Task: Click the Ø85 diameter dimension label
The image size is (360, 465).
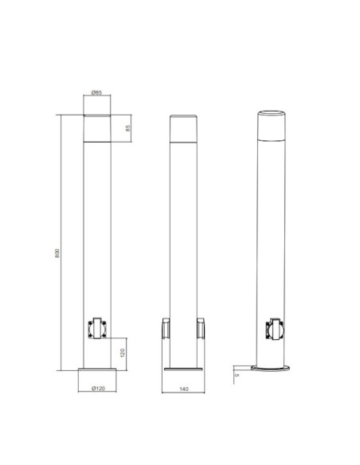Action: (x=95, y=94)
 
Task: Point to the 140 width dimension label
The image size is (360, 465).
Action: (x=184, y=389)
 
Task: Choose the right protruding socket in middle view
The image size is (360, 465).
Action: (x=202, y=326)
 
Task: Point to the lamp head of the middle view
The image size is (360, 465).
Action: (x=184, y=127)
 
